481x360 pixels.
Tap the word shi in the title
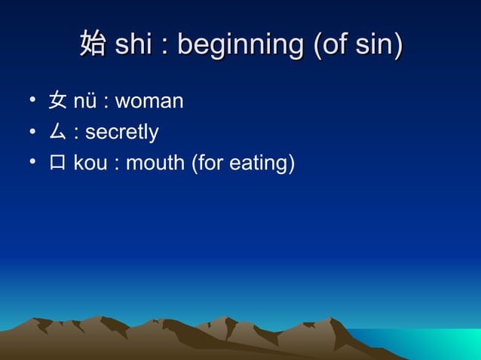click(133, 44)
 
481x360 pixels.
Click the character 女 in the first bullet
click(57, 101)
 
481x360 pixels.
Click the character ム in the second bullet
click(57, 133)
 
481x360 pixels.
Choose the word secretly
click(121, 133)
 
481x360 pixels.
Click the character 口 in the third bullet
click(57, 163)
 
